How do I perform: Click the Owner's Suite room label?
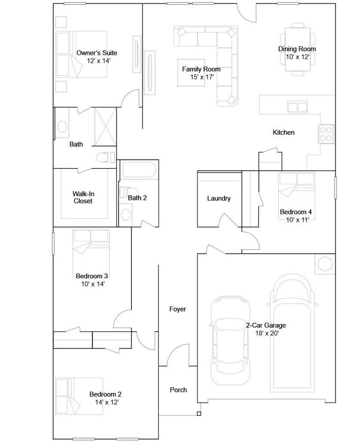[x=97, y=53]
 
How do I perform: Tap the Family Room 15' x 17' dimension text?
[x=202, y=77]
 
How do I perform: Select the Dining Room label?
[x=297, y=49]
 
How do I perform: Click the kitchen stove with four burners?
[x=326, y=134]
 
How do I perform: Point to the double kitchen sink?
[x=297, y=107]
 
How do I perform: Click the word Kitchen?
[x=283, y=132]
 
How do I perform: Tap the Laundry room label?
[x=219, y=199]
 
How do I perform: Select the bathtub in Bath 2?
[x=139, y=170]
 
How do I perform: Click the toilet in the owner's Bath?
[x=105, y=157]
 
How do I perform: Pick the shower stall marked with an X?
[x=105, y=127]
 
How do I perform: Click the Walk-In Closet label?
[x=83, y=197]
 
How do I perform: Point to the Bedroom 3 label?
[x=92, y=276]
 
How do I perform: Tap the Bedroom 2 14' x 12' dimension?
[x=107, y=402]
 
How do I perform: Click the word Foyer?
[x=178, y=309]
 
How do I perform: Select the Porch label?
[x=178, y=390]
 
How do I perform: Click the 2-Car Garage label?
[x=266, y=325]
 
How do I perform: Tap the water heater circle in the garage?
[x=325, y=264]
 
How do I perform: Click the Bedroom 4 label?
[x=296, y=212]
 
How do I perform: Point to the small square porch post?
[x=199, y=414]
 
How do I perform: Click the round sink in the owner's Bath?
[x=62, y=127]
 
